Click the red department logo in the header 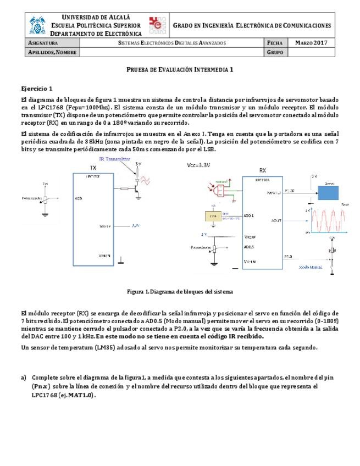tap(158, 25)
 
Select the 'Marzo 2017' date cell tap(311, 42)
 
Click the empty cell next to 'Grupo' tap(311, 52)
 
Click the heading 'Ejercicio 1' tap(37, 88)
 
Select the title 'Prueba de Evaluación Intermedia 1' tap(180, 70)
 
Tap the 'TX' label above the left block tap(93, 168)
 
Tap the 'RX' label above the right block tap(262, 170)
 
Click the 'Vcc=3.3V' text tap(201, 164)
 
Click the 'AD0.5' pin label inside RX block tap(249, 247)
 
